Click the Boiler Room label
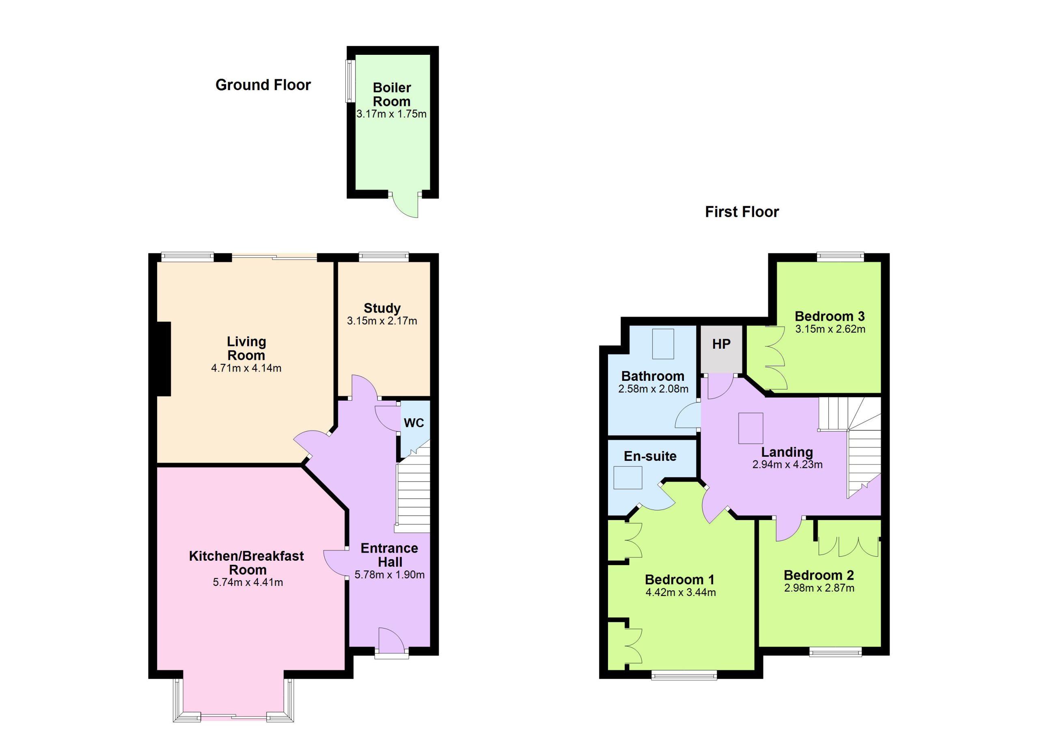tap(392, 94)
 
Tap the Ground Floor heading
tap(263, 85)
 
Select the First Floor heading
tap(742, 212)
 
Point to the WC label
tap(414, 422)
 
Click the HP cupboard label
tap(721, 344)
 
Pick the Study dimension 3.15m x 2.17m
tap(382, 321)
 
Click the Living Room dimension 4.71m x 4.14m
tap(246, 368)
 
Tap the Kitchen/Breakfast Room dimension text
tap(248, 582)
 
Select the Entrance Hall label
tap(389, 555)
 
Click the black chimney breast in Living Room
tap(164, 359)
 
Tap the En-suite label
tap(650, 456)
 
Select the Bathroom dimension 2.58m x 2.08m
tap(653, 389)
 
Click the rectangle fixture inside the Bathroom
tap(663, 343)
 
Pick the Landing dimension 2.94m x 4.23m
tap(787, 464)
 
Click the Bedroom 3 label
tap(830, 316)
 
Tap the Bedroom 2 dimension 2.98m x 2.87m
tap(819, 588)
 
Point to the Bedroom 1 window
tap(684, 675)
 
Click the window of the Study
tap(384, 257)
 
